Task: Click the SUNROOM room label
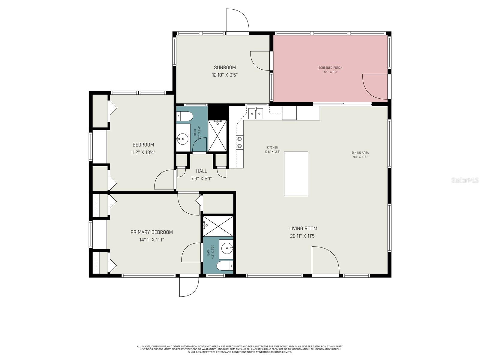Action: pyautogui.click(x=225, y=67)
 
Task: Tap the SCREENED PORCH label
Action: pyautogui.click(x=330, y=68)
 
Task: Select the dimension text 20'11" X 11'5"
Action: pyautogui.click(x=303, y=236)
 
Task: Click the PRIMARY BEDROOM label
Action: pyautogui.click(x=151, y=232)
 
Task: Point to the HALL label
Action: pyautogui.click(x=201, y=171)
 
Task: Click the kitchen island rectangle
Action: pyautogui.click(x=296, y=174)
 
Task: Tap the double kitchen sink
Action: pyautogui.click(x=256, y=114)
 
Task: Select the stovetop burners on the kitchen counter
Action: pyautogui.click(x=239, y=142)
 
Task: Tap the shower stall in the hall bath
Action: pyautogui.click(x=218, y=135)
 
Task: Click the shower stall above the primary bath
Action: pyautogui.click(x=218, y=225)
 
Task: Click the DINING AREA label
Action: pyautogui.click(x=360, y=153)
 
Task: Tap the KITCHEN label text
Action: pyautogui.click(x=272, y=148)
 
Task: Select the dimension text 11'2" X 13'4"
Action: pyautogui.click(x=143, y=152)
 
